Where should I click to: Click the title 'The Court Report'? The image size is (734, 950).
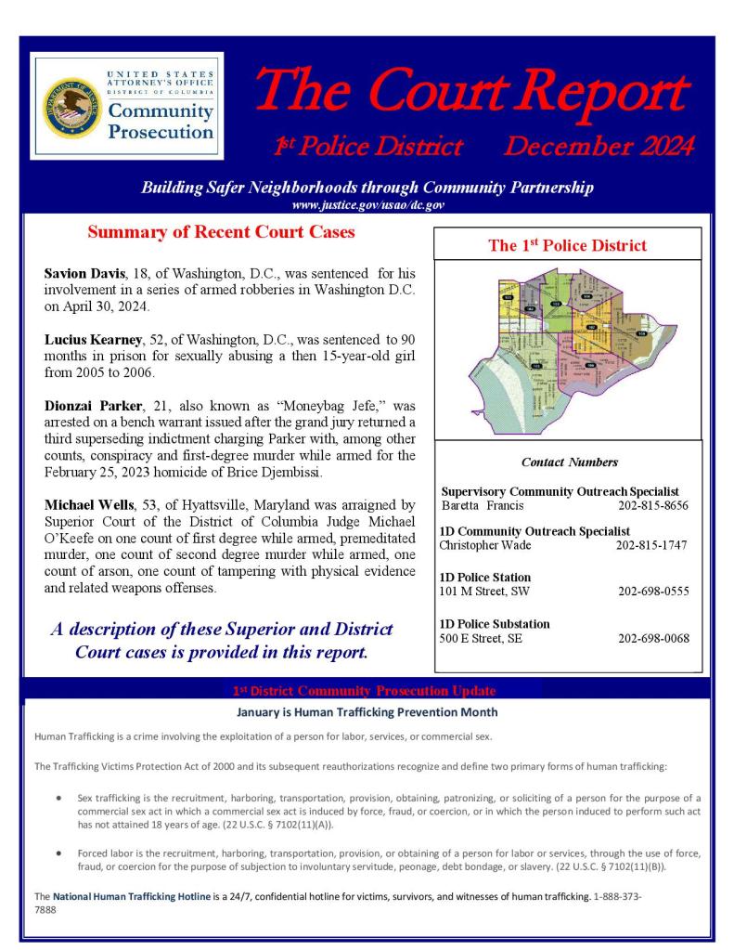[470, 92]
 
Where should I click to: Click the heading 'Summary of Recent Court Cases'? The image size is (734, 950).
[221, 233]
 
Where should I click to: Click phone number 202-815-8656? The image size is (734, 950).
[652, 506]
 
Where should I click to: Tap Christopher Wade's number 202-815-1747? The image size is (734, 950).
[651, 545]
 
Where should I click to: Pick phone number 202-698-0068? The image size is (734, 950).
[652, 638]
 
